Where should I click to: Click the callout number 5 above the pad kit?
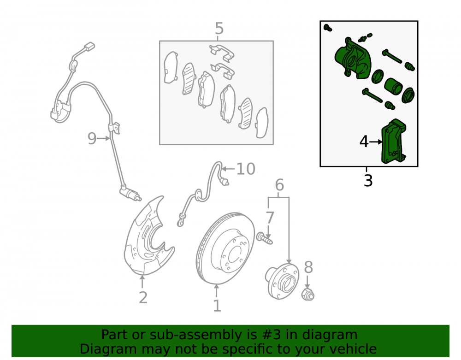(x=219, y=29)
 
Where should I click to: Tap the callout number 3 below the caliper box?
(x=368, y=180)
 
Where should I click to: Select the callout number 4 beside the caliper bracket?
(x=364, y=142)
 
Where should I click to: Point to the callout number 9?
(x=92, y=138)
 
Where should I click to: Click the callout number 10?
(x=246, y=169)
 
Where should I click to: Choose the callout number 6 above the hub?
(x=279, y=185)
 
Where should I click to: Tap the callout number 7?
(x=270, y=218)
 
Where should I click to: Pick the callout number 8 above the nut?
(x=308, y=267)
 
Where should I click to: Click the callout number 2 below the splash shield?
(x=143, y=298)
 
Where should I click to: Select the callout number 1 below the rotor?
(x=217, y=306)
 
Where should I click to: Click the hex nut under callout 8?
(x=308, y=294)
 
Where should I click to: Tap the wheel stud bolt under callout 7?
(x=265, y=238)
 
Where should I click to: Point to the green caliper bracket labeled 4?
(x=393, y=142)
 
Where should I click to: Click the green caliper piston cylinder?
(x=393, y=86)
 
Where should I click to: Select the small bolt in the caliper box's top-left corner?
(x=327, y=28)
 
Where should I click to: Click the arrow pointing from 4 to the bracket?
(x=376, y=142)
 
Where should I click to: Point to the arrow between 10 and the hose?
(x=228, y=169)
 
